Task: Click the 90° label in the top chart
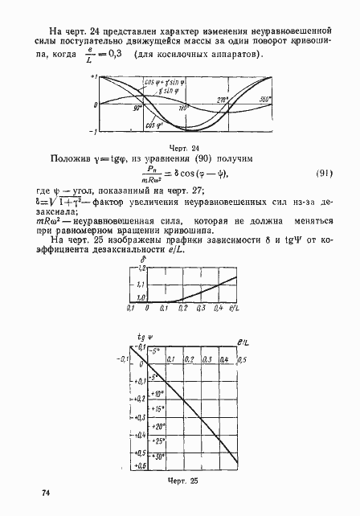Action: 137,107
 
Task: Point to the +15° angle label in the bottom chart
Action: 158,410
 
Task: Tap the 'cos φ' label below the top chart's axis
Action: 150,125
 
